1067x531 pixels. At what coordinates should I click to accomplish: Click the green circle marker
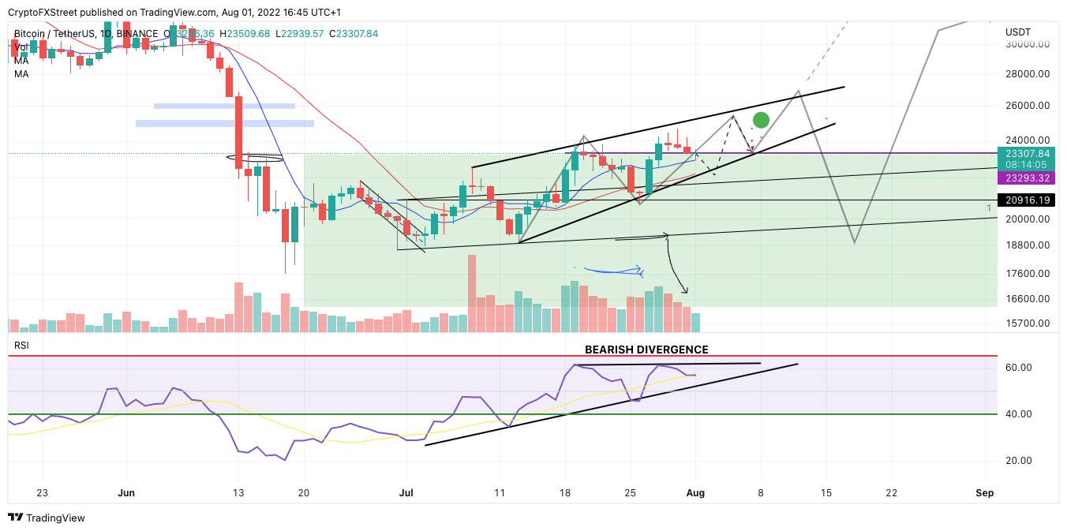[x=761, y=120]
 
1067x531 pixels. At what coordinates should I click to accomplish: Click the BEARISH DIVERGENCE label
[x=646, y=350]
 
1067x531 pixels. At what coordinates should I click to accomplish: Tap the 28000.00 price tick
[x=1027, y=74]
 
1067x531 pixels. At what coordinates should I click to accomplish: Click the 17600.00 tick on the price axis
[x=1027, y=274]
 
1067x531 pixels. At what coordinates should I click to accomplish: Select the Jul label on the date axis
[x=406, y=493]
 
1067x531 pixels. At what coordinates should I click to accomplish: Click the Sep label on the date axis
[x=984, y=493]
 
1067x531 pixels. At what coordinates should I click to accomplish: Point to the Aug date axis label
[x=695, y=493]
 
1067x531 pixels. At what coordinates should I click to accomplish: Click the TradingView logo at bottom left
[x=47, y=518]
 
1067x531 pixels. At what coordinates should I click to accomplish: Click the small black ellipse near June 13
[x=260, y=158]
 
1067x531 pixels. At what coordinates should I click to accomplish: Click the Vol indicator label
[x=21, y=47]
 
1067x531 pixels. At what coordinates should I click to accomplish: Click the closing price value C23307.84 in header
[x=353, y=33]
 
